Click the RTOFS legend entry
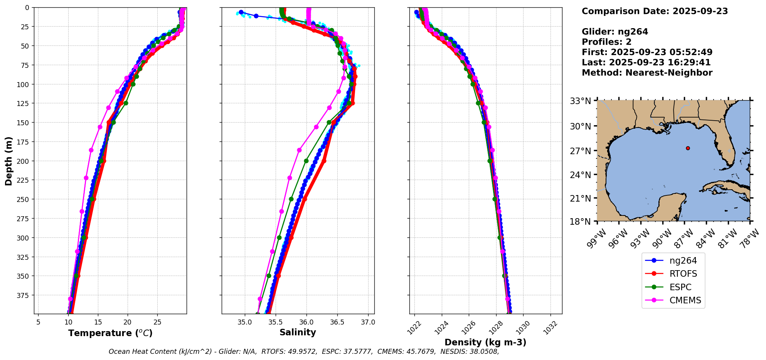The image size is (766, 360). (x=683, y=274)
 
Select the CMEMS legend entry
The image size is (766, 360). (x=685, y=300)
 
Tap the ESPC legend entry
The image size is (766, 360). (x=680, y=287)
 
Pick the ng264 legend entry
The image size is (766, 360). (x=683, y=261)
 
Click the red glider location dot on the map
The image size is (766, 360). (x=688, y=148)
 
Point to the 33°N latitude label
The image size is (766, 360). (x=581, y=101)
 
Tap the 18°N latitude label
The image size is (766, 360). (x=581, y=222)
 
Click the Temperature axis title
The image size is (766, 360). (x=110, y=333)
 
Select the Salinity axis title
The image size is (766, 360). (x=298, y=332)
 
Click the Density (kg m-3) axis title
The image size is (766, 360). (x=485, y=342)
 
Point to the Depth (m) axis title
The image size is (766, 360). (x=8, y=161)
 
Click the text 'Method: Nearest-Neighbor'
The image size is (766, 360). (x=647, y=72)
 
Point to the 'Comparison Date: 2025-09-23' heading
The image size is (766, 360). (x=655, y=11)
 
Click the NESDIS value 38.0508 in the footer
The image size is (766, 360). (x=485, y=352)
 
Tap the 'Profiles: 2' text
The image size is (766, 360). (x=606, y=42)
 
